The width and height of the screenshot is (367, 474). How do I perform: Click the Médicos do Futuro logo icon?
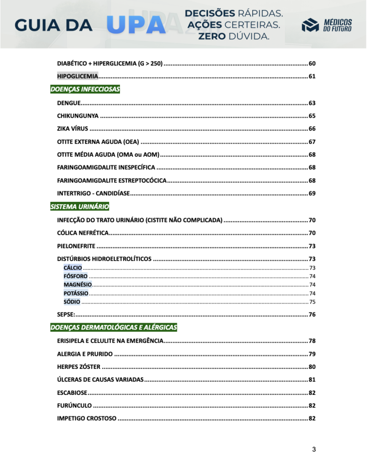pyautogui.click(x=310, y=26)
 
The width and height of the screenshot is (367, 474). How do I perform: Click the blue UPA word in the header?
pyautogui.click(x=136, y=25)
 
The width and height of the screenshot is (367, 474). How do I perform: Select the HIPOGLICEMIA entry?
pyautogui.click(x=77, y=76)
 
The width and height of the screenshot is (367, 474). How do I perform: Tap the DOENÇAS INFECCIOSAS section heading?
pyautogui.click(x=85, y=89)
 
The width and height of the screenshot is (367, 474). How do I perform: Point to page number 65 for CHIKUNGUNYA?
pyautogui.click(x=312, y=116)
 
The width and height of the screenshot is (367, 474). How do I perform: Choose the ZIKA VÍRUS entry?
pyautogui.click(x=72, y=129)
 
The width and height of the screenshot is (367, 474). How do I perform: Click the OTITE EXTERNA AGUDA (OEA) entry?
pyautogui.click(x=98, y=142)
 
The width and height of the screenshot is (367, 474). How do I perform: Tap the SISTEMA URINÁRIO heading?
pyautogui.click(x=80, y=206)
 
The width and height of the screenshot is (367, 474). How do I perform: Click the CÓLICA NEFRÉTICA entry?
pyautogui.click(x=83, y=232)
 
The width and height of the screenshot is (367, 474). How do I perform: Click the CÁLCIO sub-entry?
pyautogui.click(x=73, y=268)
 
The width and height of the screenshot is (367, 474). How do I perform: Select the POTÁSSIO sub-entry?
pyautogui.click(x=75, y=293)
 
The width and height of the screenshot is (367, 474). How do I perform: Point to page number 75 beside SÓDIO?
pyautogui.click(x=312, y=302)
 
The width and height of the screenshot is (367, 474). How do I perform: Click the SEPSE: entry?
pyautogui.click(x=66, y=315)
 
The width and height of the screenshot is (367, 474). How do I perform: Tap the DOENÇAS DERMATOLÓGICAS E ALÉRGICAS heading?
pyautogui.click(x=113, y=328)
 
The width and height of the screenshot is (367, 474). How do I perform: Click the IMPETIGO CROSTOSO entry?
pyautogui.click(x=87, y=418)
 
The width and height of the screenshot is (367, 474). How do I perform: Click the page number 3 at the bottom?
pyautogui.click(x=314, y=449)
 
